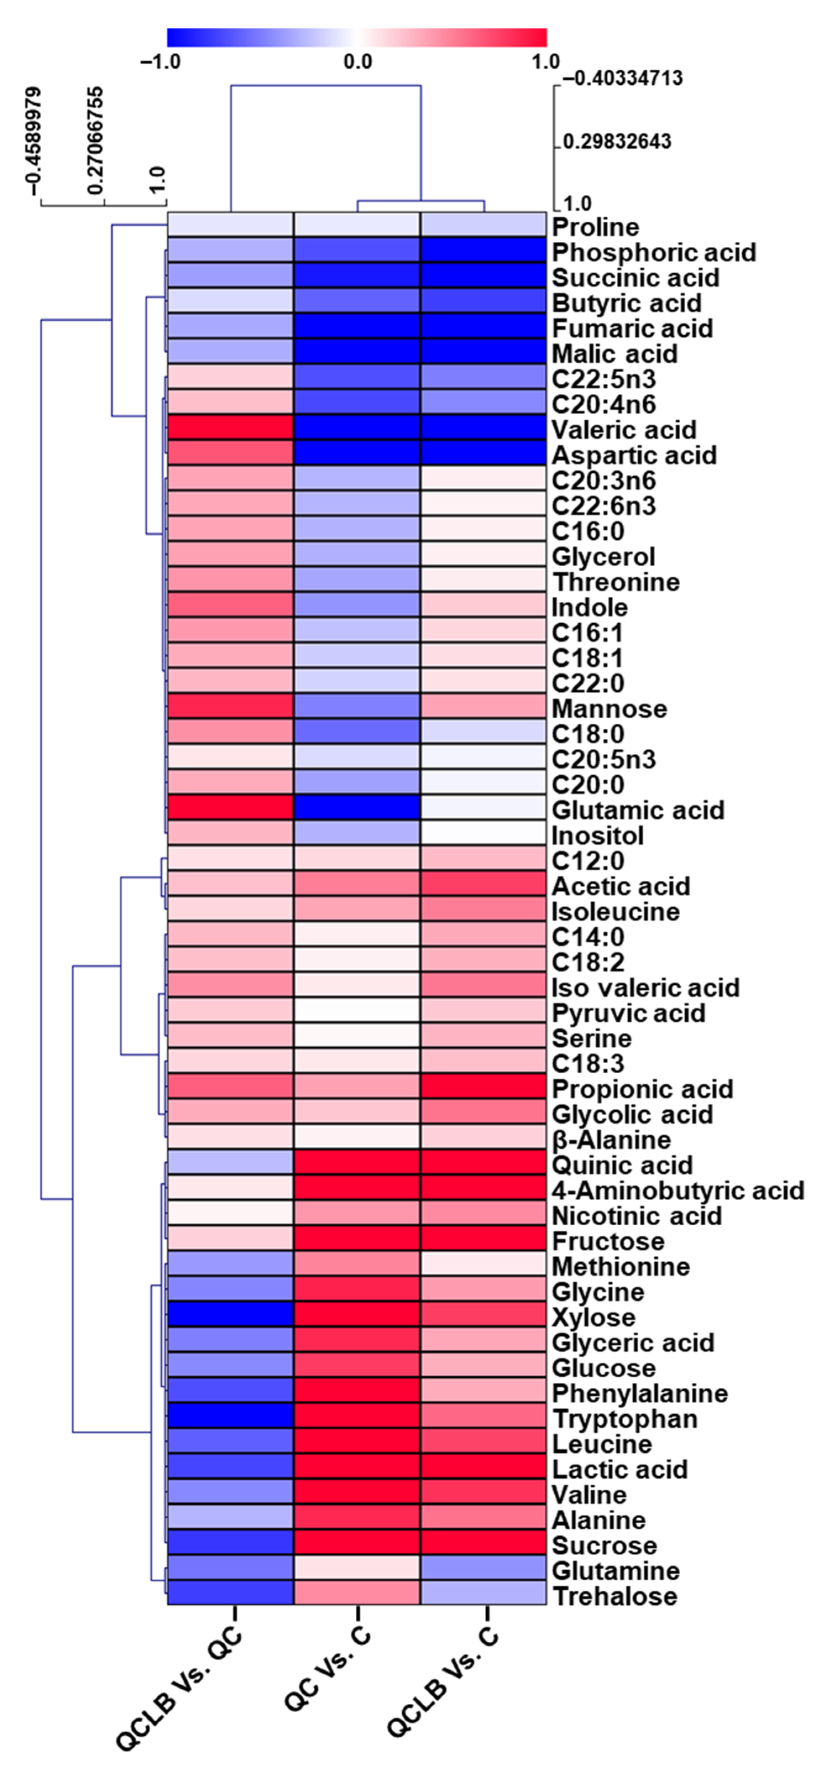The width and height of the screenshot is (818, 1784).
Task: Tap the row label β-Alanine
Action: [x=611, y=1139]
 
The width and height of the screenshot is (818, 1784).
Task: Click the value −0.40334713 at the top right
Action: [x=622, y=78]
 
